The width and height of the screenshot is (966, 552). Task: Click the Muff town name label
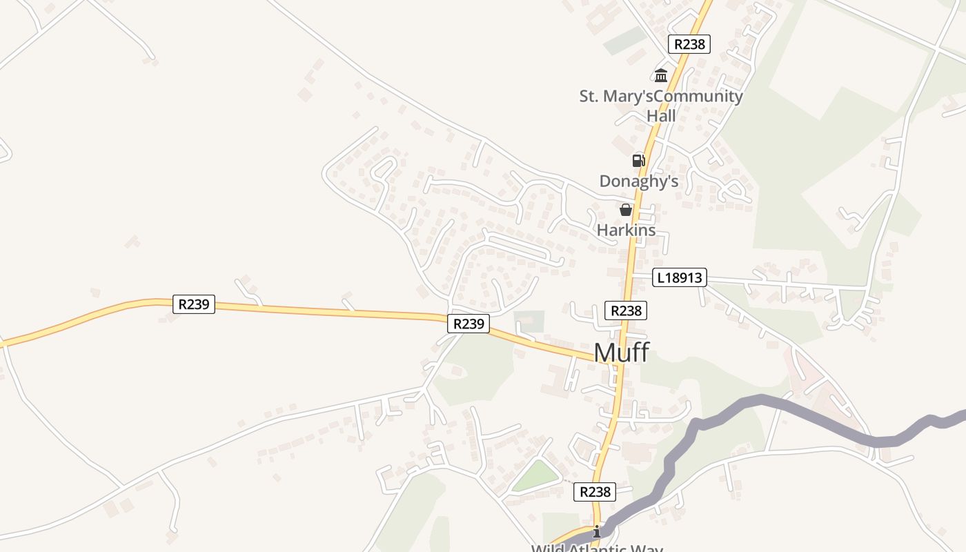coord(621,353)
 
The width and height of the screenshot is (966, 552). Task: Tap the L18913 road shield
coord(680,278)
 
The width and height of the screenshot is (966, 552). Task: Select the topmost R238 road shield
coord(689,44)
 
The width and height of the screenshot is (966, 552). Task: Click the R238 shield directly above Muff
coord(626,310)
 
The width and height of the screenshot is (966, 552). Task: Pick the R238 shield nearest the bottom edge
coord(594,492)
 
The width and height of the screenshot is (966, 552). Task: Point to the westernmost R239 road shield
coord(194,304)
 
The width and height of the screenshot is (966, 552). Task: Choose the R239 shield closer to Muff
coord(469,323)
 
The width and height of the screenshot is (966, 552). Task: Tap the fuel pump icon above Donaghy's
coord(639,161)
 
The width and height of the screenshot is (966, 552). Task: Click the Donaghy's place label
coord(639,181)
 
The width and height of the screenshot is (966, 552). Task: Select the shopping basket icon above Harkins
coord(626,210)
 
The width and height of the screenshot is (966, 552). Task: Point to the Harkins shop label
coord(626,230)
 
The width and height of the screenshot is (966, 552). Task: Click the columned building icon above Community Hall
coord(661,75)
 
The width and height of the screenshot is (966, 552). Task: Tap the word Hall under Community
coord(661,116)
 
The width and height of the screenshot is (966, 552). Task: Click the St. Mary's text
coord(615,97)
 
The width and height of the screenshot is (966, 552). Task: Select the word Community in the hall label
coord(698,97)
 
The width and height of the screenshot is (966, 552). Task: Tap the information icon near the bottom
coord(597,531)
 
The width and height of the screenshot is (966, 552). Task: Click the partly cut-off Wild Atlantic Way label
coord(597,548)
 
